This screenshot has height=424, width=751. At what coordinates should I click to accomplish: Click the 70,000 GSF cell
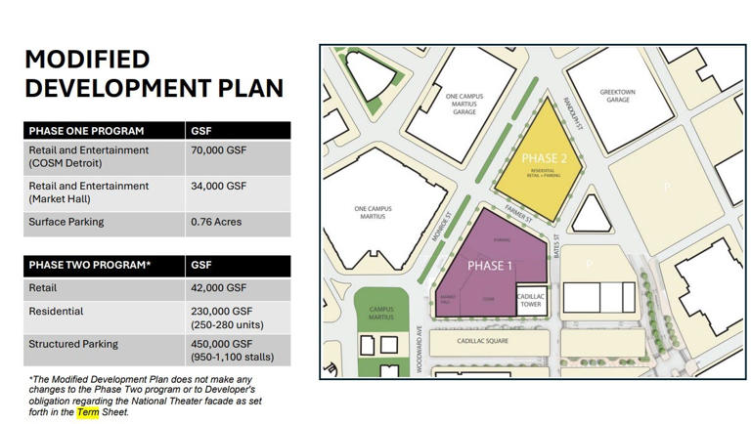[x=218, y=150]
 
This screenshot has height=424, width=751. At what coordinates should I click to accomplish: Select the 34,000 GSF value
[x=218, y=186]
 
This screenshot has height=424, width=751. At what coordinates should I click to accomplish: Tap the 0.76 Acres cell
[x=215, y=222]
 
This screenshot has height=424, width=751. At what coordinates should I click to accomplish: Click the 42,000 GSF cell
[x=218, y=288]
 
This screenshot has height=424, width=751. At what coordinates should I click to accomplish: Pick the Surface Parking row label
[x=66, y=222]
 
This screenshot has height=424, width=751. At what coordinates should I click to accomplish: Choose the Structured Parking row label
[x=73, y=344]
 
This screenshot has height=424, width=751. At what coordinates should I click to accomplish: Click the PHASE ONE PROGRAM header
[x=86, y=131]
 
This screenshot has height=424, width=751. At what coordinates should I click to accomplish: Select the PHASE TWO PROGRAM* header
[x=89, y=265]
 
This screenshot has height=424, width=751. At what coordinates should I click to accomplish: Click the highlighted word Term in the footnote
[x=89, y=411]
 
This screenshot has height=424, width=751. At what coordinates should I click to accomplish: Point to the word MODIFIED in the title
[x=87, y=59]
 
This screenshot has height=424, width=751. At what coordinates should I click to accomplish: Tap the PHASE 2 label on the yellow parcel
[x=544, y=158]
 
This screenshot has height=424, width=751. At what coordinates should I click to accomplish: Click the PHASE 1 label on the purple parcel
[x=489, y=266]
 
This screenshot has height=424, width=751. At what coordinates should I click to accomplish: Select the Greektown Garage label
[x=617, y=96]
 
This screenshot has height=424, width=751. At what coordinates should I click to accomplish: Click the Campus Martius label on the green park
[x=380, y=313]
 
